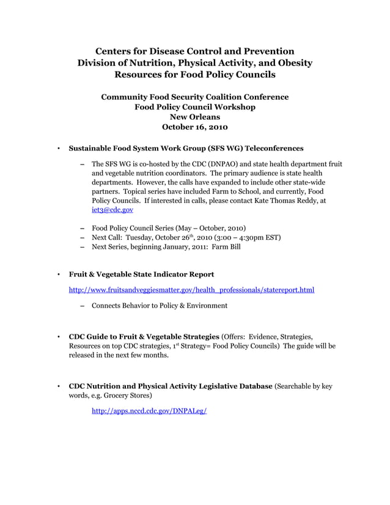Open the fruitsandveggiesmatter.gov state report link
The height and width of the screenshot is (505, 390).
(x=191, y=289)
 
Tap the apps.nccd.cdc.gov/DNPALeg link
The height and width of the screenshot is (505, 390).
(x=149, y=411)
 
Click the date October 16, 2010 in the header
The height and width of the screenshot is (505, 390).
(x=194, y=127)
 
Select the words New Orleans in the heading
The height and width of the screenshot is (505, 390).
(x=194, y=117)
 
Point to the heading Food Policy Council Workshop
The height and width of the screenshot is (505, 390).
(x=194, y=107)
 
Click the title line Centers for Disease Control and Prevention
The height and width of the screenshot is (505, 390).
(x=194, y=51)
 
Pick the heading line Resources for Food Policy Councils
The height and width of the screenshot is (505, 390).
(x=194, y=75)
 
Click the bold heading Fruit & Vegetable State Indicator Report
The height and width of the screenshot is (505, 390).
(x=141, y=274)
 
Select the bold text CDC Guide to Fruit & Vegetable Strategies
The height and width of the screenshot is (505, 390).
(x=144, y=337)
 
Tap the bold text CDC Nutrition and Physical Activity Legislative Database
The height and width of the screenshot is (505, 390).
(x=171, y=386)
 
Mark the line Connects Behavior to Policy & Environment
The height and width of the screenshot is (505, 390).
(x=160, y=305)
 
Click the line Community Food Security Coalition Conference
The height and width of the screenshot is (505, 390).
(x=194, y=97)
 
